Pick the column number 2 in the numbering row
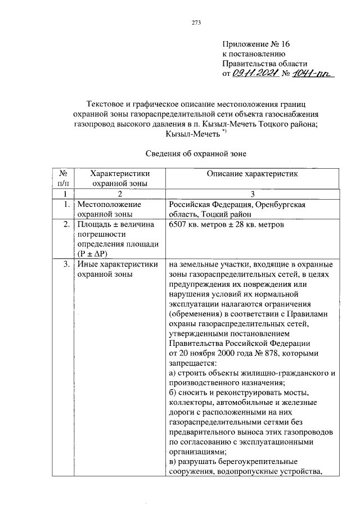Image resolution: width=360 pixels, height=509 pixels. pos(119,193)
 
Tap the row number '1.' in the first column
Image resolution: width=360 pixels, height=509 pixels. pos(66,204)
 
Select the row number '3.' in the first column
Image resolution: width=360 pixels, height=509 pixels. pos(66,264)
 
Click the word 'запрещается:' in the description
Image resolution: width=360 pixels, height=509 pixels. pos(192,363)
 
